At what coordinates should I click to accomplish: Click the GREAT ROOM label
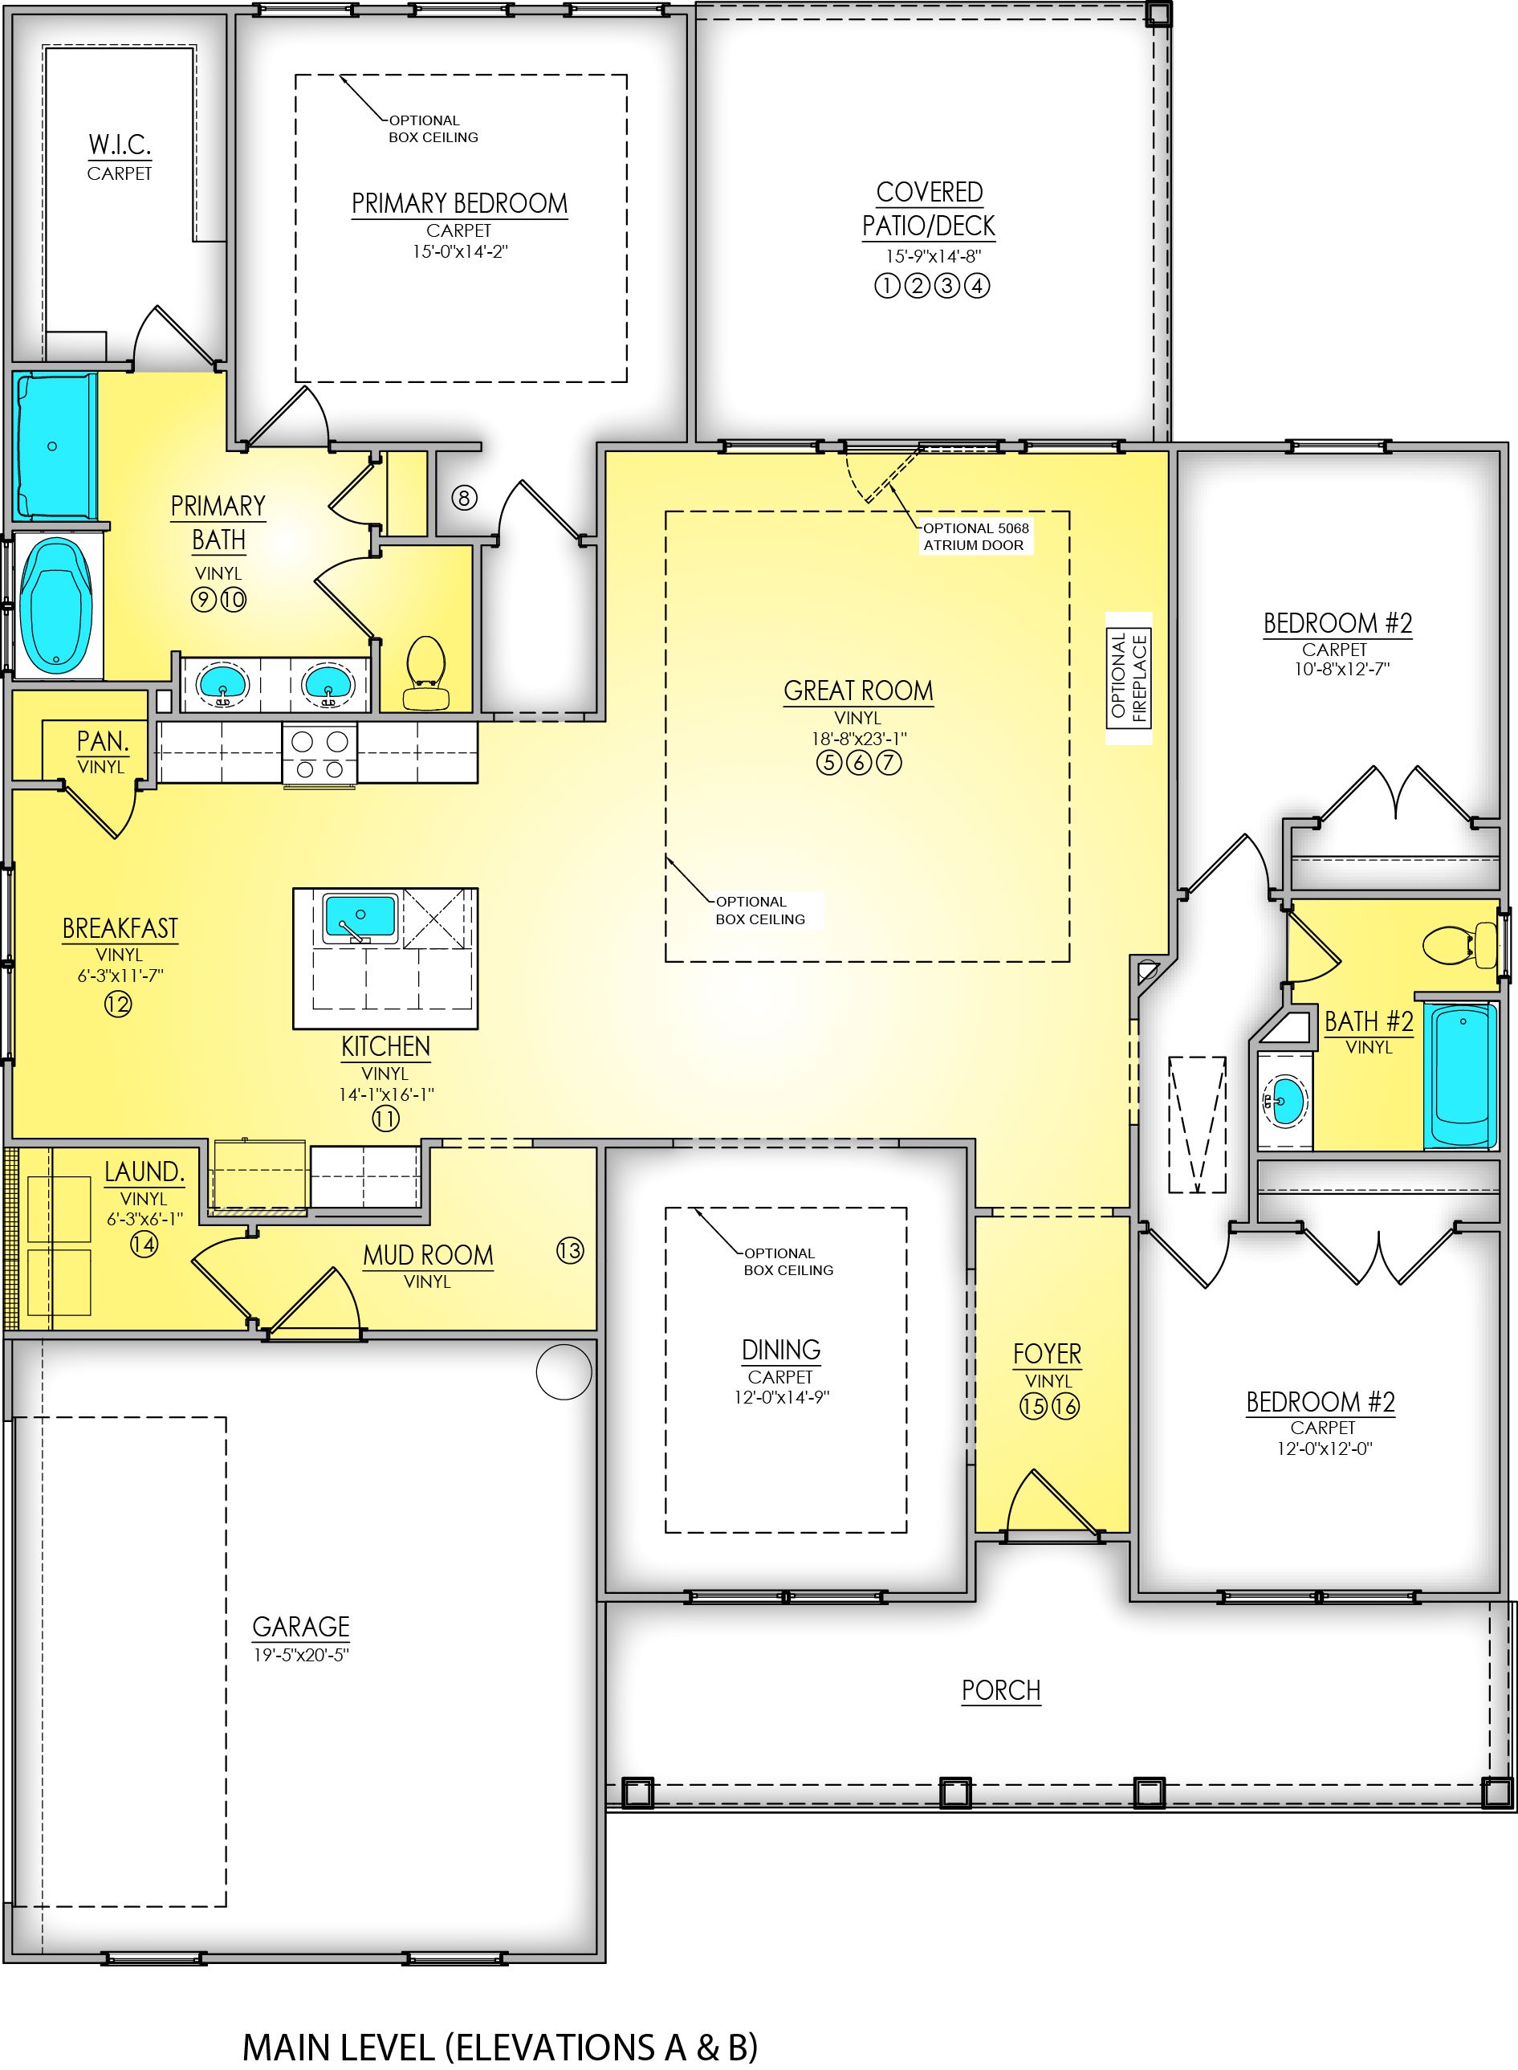tap(857, 691)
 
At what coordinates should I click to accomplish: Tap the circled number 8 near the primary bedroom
tap(464, 498)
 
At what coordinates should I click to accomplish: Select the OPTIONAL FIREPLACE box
tap(1129, 678)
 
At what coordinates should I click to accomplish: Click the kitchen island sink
tap(360, 917)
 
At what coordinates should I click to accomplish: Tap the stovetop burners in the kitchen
tap(319, 755)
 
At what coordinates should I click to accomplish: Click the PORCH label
tap(1001, 1690)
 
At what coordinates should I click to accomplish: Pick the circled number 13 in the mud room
tap(570, 1250)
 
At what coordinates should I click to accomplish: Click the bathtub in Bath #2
tap(1460, 1078)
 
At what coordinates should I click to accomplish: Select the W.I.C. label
tap(120, 145)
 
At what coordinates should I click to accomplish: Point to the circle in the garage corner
tap(564, 1371)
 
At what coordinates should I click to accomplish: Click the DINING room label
tap(781, 1350)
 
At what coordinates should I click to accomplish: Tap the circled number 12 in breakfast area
tap(118, 1004)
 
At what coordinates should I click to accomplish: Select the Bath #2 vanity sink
tap(1284, 1100)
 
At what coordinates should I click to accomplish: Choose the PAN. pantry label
tap(102, 741)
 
